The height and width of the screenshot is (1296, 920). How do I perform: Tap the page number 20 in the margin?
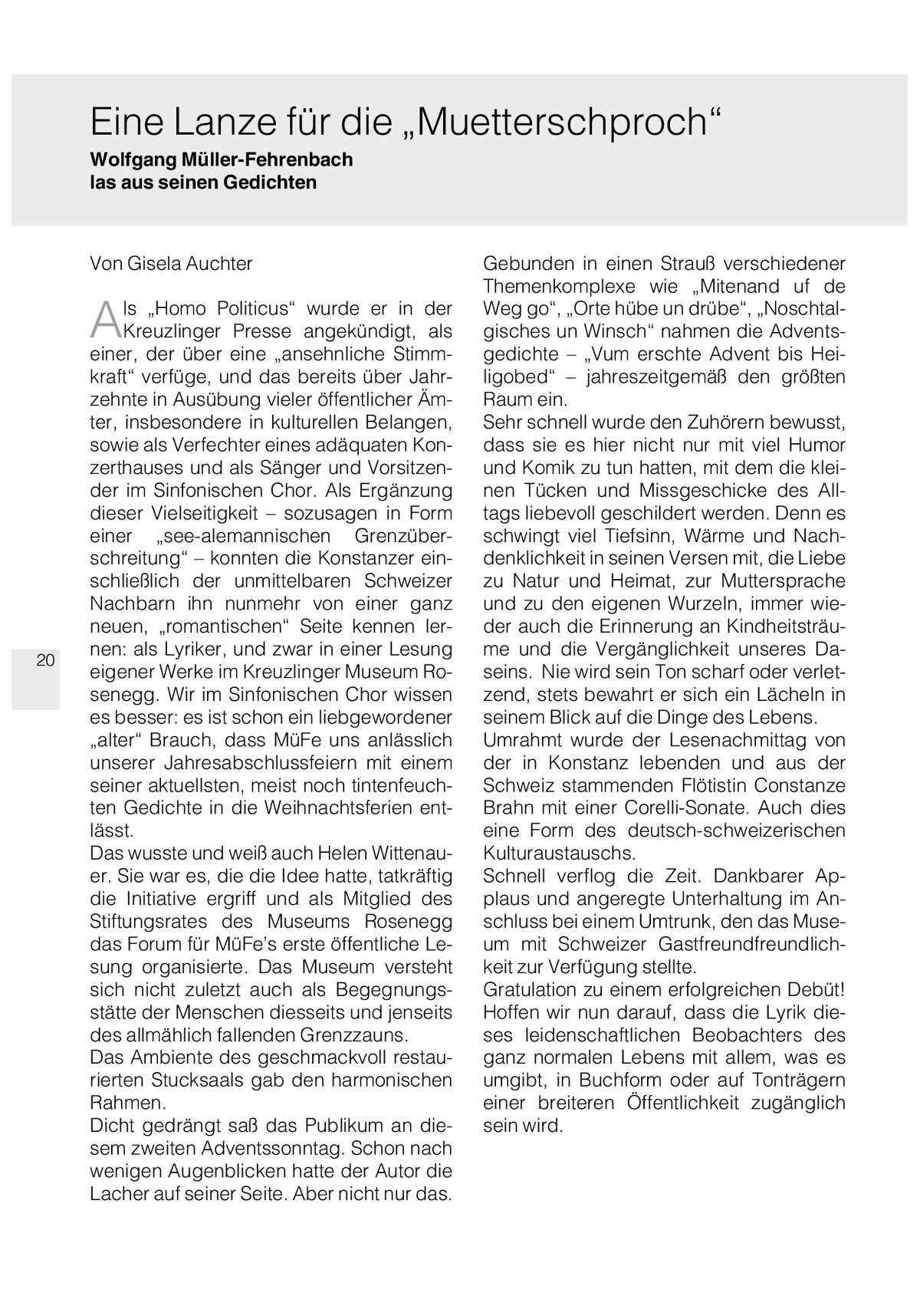(x=45, y=660)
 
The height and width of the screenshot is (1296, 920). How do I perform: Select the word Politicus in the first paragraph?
(x=256, y=309)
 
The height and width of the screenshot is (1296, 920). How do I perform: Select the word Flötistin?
(x=699, y=786)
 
